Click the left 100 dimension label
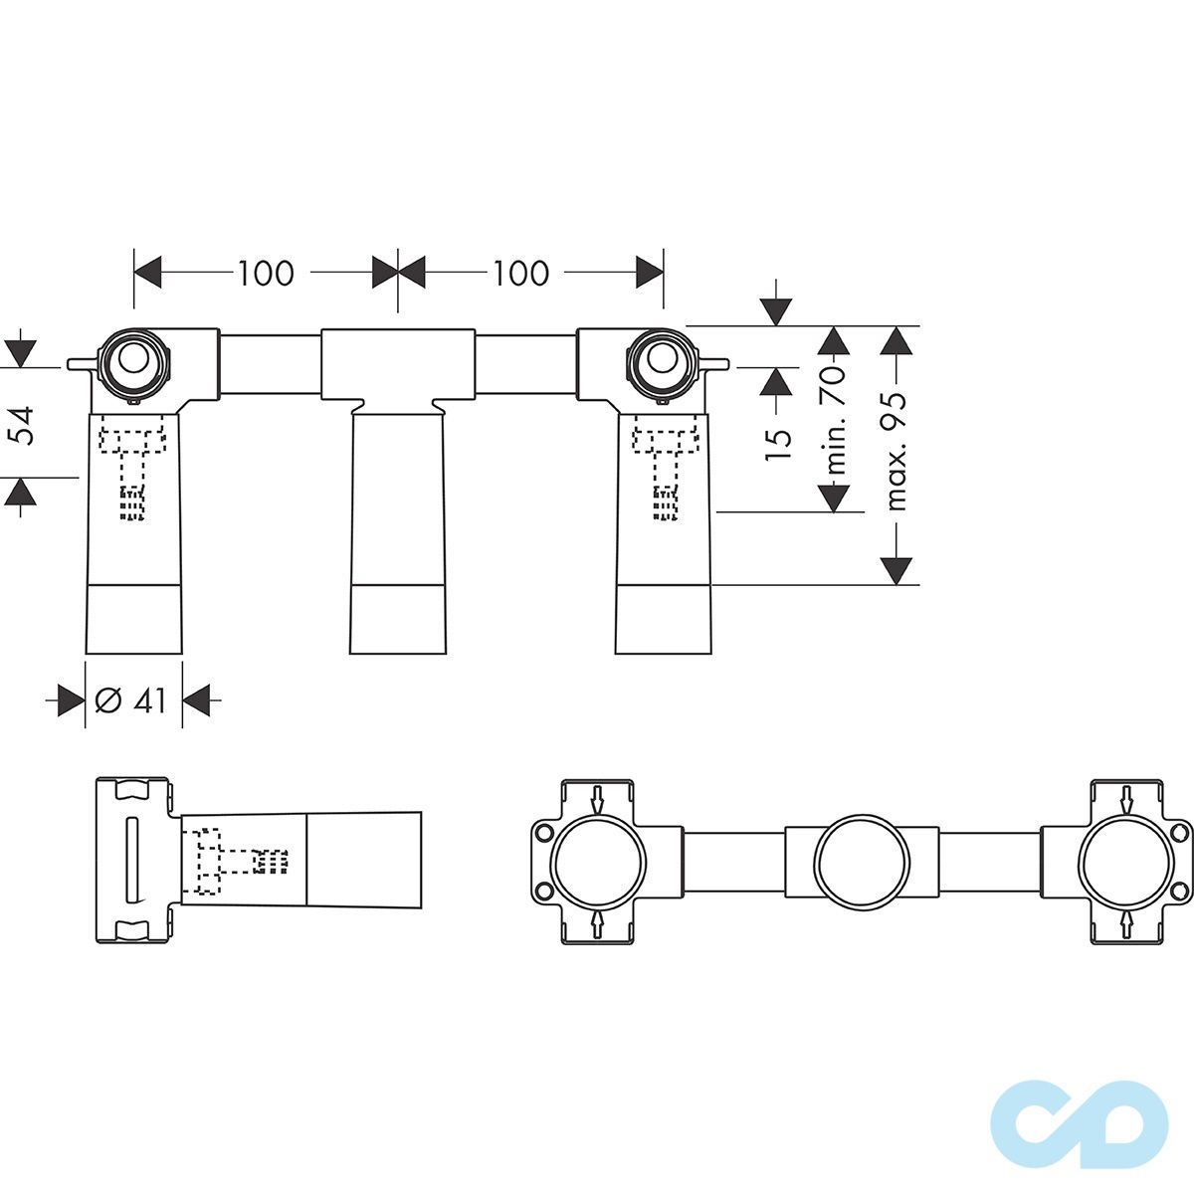(266, 274)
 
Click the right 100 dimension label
(520, 274)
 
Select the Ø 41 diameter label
(131, 700)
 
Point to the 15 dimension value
(778, 436)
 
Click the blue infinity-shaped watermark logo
(1080, 1116)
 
